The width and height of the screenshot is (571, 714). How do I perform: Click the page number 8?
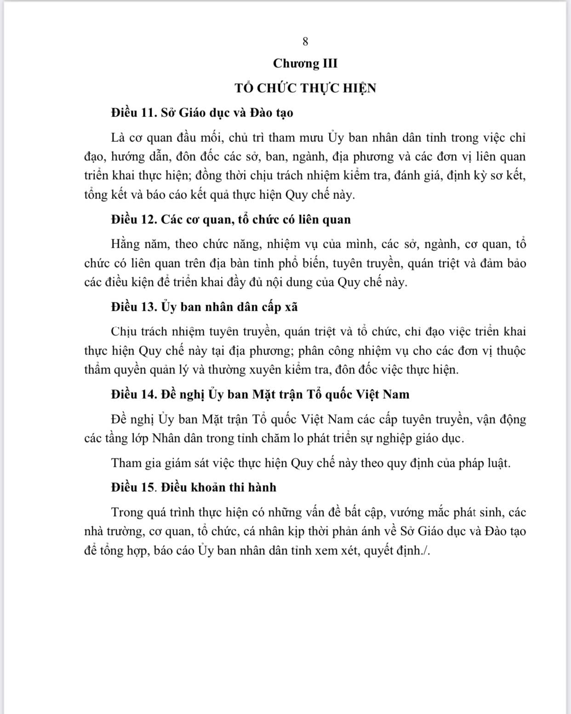click(x=305, y=41)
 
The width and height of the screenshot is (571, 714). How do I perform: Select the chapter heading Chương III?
click(x=305, y=63)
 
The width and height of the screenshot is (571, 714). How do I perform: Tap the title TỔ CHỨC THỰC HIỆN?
click(x=305, y=88)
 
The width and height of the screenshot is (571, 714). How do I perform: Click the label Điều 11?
click(x=133, y=113)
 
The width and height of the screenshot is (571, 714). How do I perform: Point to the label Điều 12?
click(x=133, y=219)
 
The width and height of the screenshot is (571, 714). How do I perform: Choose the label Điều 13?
click(x=133, y=307)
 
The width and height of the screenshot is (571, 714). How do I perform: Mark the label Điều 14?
click(x=133, y=395)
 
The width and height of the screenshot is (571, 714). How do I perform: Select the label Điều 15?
click(x=133, y=487)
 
